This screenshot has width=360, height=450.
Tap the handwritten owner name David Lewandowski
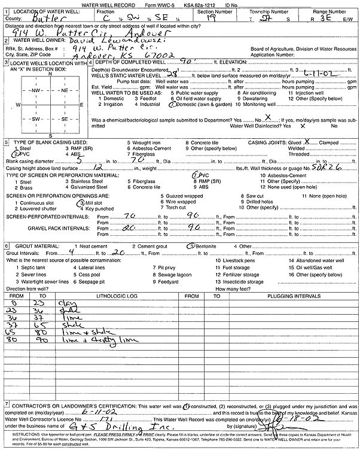point(107,39)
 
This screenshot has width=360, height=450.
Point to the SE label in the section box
point(64,118)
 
